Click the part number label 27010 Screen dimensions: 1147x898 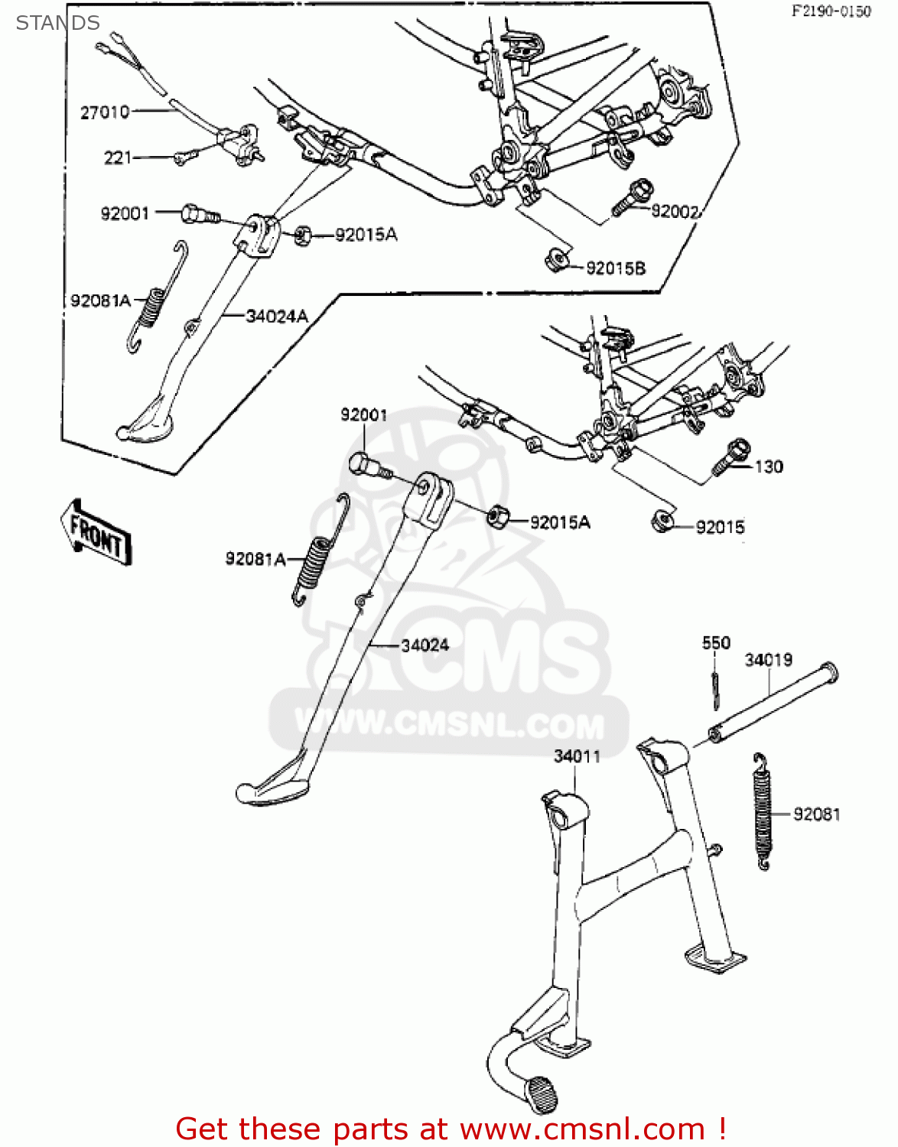[105, 112]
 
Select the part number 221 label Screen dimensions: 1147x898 [118, 158]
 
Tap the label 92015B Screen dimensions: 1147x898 [616, 268]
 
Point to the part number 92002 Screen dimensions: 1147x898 [675, 212]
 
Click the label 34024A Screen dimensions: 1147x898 [276, 316]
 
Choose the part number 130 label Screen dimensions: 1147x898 [769, 466]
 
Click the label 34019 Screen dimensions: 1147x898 [768, 659]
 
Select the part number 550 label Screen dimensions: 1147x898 [716, 643]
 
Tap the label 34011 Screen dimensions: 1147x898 [577, 756]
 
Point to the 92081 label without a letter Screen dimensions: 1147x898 [816, 814]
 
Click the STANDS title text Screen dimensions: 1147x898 [57, 23]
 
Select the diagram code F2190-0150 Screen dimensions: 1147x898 [830, 11]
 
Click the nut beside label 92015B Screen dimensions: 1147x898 [557, 260]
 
